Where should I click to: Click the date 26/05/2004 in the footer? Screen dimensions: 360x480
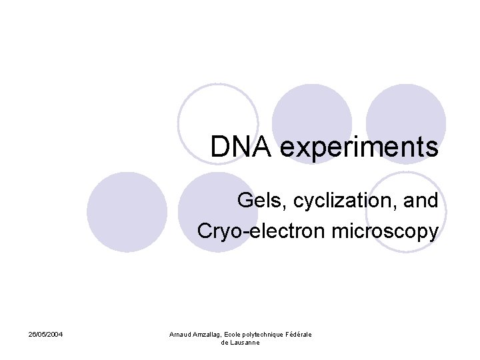click(46, 334)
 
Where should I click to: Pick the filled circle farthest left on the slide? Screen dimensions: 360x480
click(127, 212)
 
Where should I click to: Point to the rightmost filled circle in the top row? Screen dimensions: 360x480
click(405, 113)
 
